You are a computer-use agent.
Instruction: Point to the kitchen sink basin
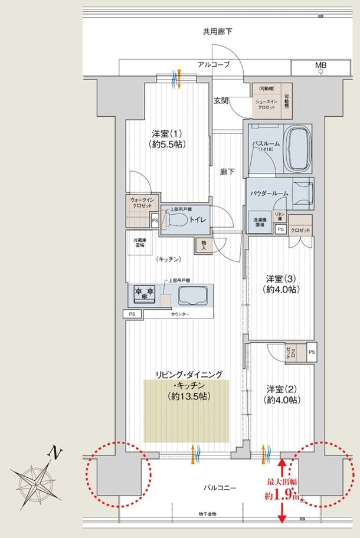pyautogui.click(x=194, y=296)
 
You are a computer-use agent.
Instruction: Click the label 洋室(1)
pyautogui.click(x=164, y=132)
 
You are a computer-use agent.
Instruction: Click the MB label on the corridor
pyautogui.click(x=320, y=65)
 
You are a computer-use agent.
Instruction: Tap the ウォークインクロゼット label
pyautogui.click(x=141, y=203)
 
